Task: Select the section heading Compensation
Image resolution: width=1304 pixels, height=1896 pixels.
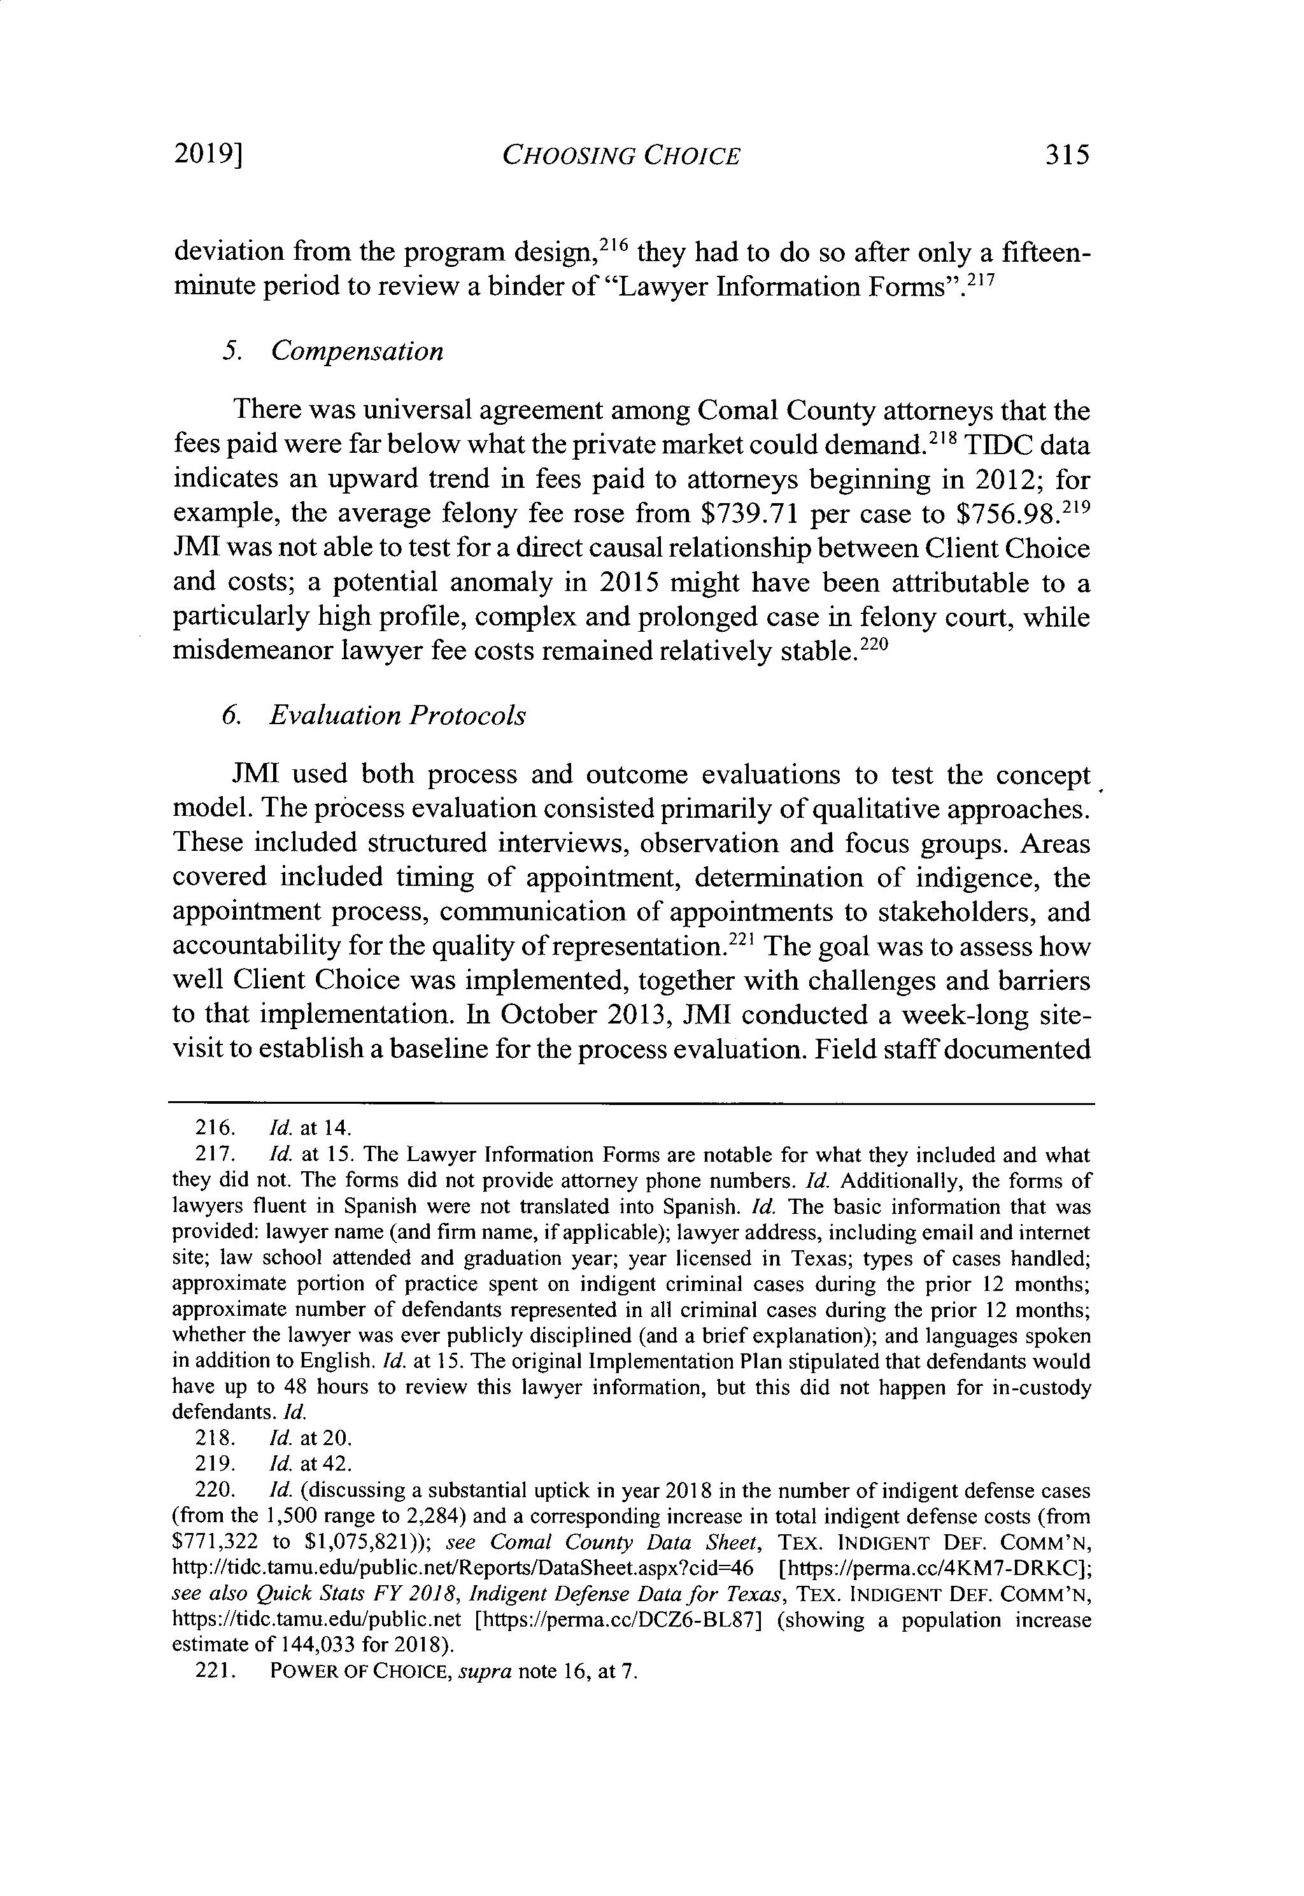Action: coord(357,352)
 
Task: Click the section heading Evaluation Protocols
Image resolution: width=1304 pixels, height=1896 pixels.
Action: coord(397,716)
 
